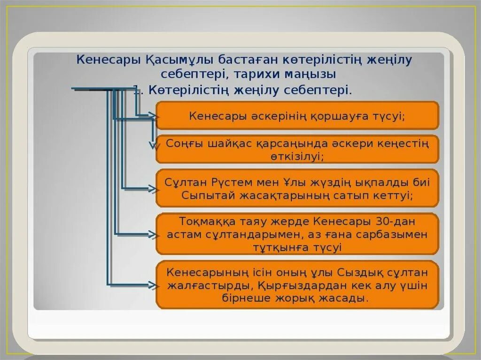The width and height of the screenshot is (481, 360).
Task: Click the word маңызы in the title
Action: click(x=312, y=74)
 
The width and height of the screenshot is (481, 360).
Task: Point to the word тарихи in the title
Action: click(x=261, y=74)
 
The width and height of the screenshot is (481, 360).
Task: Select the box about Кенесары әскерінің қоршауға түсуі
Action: click(x=297, y=115)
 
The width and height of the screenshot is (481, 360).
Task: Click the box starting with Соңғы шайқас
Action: click(x=297, y=149)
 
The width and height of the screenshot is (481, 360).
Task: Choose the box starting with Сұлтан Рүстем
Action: click(x=297, y=188)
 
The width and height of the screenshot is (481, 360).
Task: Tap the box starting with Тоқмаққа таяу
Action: click(x=297, y=234)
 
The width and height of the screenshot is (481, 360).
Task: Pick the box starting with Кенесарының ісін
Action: click(x=297, y=285)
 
